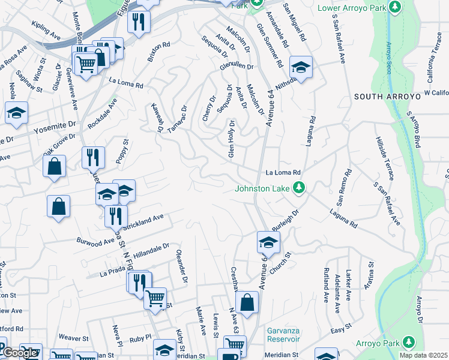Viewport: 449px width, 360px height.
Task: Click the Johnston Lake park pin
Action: click(299, 189)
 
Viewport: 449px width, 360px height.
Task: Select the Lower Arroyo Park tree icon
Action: click(394, 7)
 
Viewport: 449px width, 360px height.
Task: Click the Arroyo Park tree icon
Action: click(409, 342)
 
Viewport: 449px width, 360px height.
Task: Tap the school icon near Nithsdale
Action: click(301, 67)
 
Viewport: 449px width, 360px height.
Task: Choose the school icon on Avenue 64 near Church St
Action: click(268, 242)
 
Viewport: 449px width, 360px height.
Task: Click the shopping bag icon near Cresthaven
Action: click(247, 302)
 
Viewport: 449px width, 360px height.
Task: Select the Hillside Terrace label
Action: click(384, 157)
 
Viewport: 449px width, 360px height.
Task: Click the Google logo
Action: click(20, 353)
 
